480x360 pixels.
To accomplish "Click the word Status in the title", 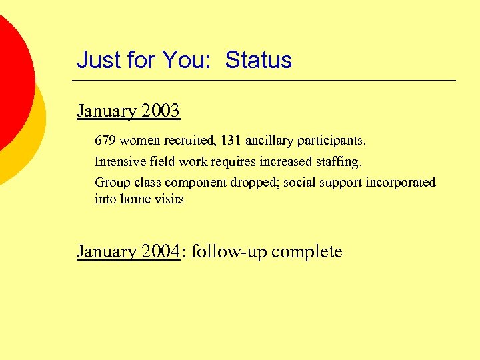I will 258,60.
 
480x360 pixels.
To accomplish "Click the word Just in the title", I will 97,60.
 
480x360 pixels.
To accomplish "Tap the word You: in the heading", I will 189,60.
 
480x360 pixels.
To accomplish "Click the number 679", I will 105,141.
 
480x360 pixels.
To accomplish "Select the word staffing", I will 339,162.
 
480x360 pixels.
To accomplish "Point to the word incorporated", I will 400,183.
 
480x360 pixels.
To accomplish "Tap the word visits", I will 169,199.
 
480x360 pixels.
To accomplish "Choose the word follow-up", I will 229,252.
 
